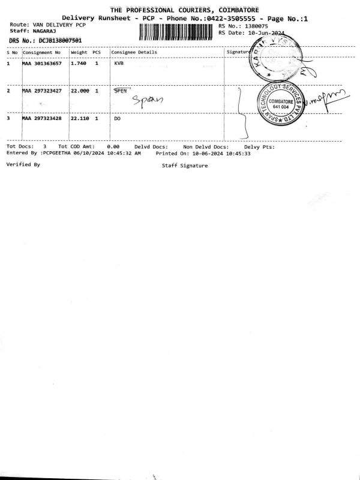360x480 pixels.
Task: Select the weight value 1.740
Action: pyautogui.click(x=79, y=63)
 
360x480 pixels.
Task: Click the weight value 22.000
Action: pyautogui.click(x=80, y=91)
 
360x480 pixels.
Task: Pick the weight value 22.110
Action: pyautogui.click(x=80, y=119)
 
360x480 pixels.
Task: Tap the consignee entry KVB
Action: pyautogui.click(x=118, y=63)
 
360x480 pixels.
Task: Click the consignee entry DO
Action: pyautogui.click(x=117, y=119)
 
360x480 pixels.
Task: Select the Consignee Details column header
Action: pyautogui.click(x=134, y=52)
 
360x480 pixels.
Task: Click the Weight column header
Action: pyautogui.click(x=79, y=52)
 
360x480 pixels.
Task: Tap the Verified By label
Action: pyautogui.click(x=23, y=164)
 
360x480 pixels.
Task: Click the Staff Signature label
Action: pyautogui.click(x=185, y=166)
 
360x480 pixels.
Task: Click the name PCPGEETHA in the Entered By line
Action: pyautogui.click(x=56, y=153)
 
